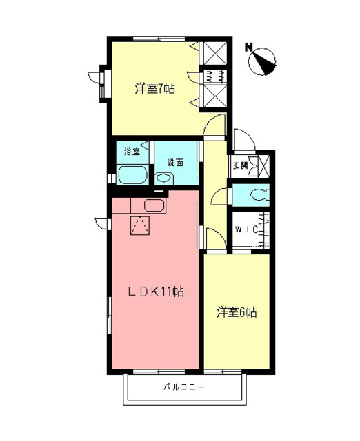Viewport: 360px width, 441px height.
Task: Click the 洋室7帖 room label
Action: pyautogui.click(x=155, y=88)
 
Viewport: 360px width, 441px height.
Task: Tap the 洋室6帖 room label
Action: pyautogui.click(x=237, y=311)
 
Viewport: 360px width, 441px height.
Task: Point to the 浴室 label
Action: pyautogui.click(x=131, y=151)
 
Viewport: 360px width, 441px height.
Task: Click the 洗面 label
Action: pyautogui.click(x=175, y=163)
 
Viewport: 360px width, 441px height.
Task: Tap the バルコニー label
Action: pyautogui.click(x=183, y=387)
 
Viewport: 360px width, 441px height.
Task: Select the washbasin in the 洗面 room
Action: pyautogui.click(x=163, y=178)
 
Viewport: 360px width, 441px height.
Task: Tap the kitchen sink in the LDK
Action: pyautogui.click(x=153, y=205)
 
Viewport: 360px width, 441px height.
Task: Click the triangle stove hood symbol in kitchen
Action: pyautogui.click(x=141, y=225)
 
